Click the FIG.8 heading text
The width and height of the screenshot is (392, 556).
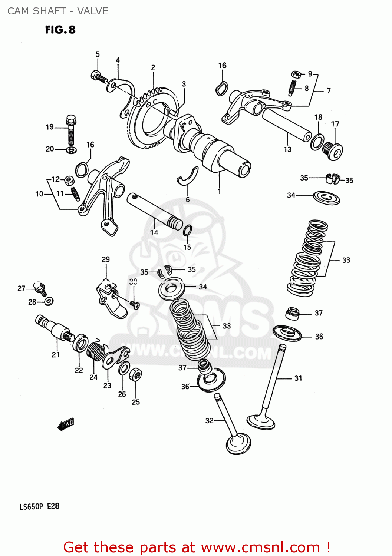60,30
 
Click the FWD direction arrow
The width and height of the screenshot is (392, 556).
66,424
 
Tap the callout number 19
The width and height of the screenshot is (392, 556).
49,127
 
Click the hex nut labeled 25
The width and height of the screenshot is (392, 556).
135,375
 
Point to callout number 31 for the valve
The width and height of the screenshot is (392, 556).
298,378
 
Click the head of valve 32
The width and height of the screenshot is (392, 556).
238,444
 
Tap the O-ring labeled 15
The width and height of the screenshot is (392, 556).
187,231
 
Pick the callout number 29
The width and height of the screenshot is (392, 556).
106,259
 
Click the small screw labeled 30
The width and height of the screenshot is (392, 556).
134,305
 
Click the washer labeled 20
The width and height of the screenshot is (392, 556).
72,150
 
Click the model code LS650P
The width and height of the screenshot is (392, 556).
32,506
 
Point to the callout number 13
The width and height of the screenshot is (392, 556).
287,149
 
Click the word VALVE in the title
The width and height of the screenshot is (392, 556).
93,11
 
